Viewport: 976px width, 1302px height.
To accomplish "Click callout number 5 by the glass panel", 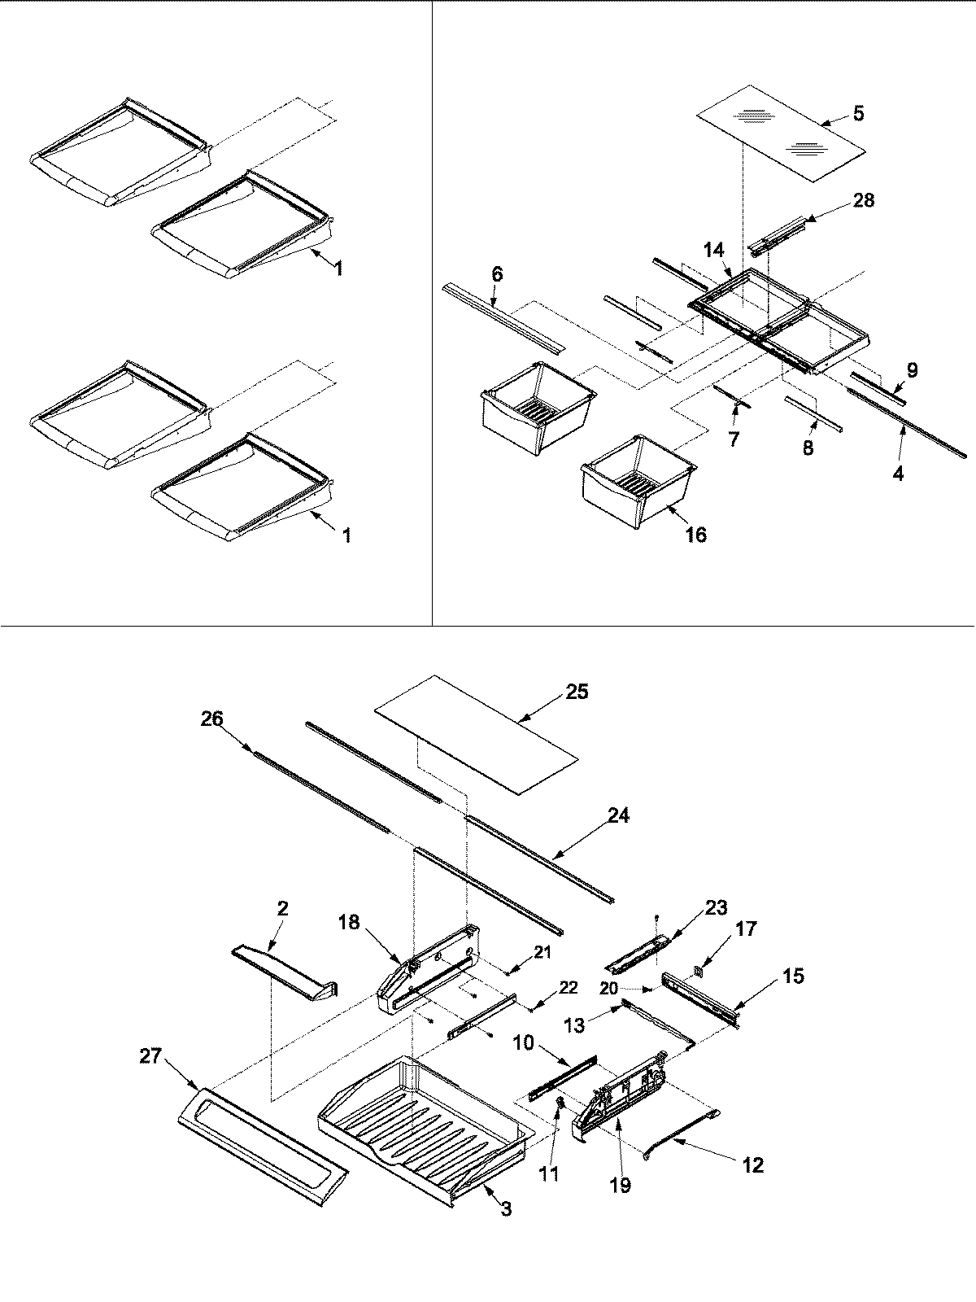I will [858, 114].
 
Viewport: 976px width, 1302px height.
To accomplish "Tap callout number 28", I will [863, 199].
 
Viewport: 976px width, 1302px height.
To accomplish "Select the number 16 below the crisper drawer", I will [695, 535].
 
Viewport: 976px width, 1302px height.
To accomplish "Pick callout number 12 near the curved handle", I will [753, 1165].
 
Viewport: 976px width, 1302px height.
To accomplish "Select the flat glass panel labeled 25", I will [476, 732].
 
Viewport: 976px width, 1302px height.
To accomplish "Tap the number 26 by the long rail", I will [212, 719].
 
